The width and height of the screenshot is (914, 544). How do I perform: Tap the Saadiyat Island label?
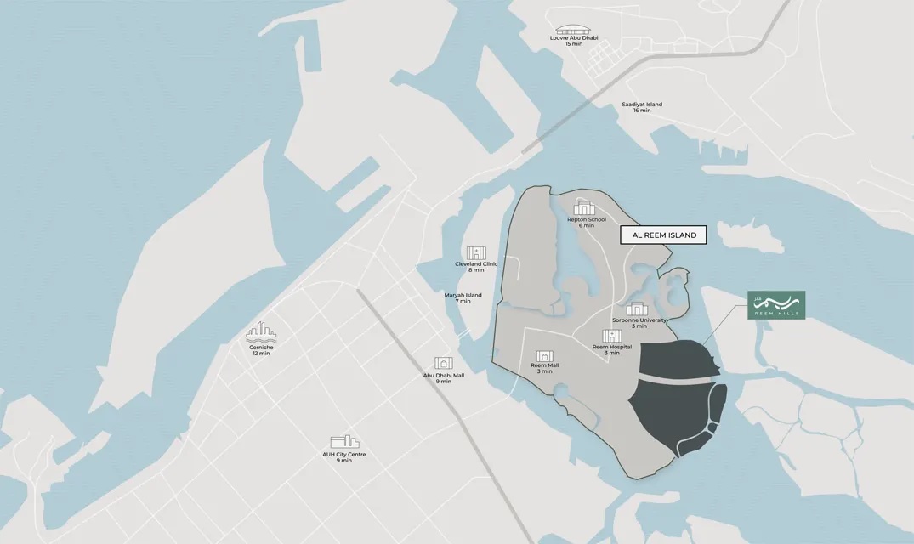pyautogui.click(x=642, y=105)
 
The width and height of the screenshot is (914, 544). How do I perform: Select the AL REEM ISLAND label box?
pyautogui.click(x=664, y=235)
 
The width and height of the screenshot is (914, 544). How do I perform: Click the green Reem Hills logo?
pyautogui.click(x=775, y=305)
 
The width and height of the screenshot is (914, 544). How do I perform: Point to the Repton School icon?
pyautogui.click(x=586, y=207)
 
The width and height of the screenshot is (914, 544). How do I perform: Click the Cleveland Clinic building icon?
pyautogui.click(x=476, y=252)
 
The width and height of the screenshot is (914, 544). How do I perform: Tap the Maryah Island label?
pyautogui.click(x=463, y=295)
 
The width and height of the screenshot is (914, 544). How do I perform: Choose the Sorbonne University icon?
pyautogui.click(x=639, y=309)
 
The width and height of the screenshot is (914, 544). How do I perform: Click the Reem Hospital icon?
pyautogui.click(x=612, y=336)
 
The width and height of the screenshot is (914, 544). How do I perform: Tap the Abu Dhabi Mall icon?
pyautogui.click(x=443, y=364)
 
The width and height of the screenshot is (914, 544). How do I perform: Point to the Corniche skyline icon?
pyautogui.click(x=261, y=332)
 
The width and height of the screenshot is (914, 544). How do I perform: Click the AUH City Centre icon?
pyautogui.click(x=344, y=442)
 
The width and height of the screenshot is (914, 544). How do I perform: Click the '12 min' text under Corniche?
pyautogui.click(x=261, y=354)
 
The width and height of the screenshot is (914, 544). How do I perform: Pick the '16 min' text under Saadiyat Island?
pyautogui.click(x=642, y=111)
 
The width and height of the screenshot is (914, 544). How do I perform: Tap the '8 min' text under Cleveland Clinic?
pyautogui.click(x=476, y=270)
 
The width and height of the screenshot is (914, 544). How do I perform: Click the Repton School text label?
pyautogui.click(x=587, y=219)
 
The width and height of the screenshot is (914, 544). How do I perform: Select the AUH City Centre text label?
pyautogui.click(x=344, y=454)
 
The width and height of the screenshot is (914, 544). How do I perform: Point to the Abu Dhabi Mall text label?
pyautogui.click(x=444, y=375)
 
